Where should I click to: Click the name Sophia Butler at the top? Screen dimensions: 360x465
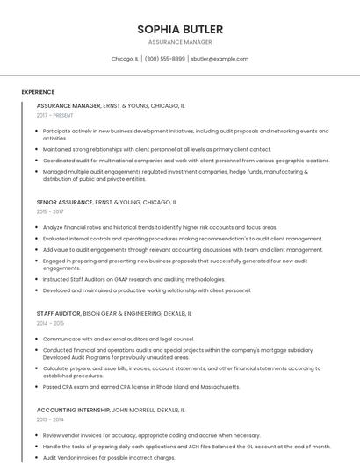coord(180,29)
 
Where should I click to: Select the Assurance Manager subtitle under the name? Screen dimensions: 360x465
coord(180,42)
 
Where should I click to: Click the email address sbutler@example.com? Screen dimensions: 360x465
coord(220,59)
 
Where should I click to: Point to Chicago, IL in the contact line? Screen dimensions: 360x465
coord(125,59)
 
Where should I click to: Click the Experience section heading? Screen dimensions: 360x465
coord(38,92)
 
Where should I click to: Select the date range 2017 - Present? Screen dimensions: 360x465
coord(55,115)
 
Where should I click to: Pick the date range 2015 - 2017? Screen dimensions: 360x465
coord(50,211)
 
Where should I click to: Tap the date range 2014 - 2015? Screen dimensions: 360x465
coord(50,323)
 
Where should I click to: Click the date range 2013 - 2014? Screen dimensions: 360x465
coord(50,419)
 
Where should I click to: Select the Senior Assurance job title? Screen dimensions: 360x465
coord(65,202)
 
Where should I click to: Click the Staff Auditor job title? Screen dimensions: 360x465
coord(58,313)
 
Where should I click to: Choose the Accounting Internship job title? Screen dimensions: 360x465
coord(73,410)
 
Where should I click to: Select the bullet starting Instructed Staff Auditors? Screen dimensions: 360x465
coord(133,279)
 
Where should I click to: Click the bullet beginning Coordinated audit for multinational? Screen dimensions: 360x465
coord(185,161)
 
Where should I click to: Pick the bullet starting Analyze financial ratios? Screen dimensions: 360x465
coord(160,227)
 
